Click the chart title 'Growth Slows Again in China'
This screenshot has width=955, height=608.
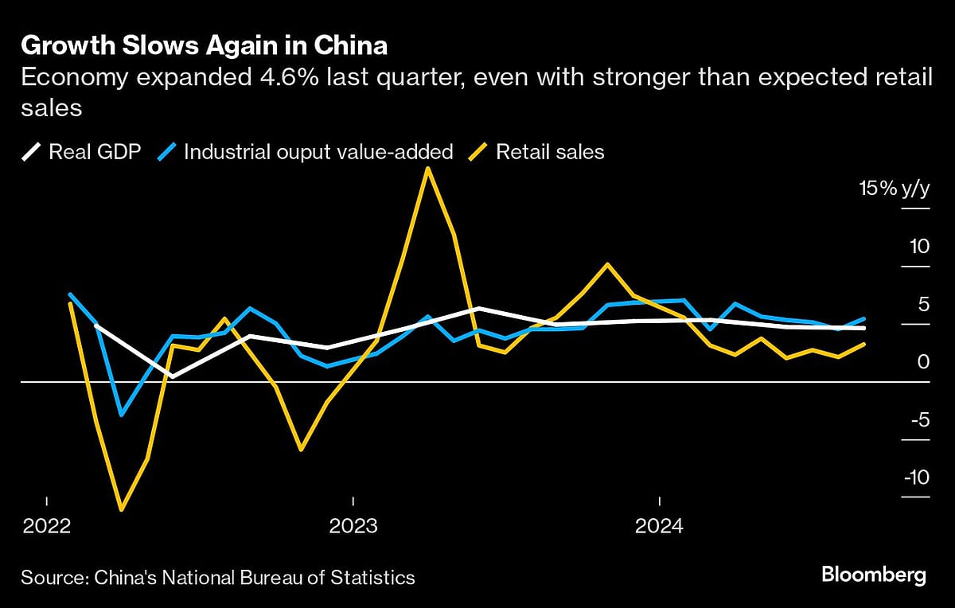205,46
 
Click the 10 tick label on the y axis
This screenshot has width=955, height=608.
919,247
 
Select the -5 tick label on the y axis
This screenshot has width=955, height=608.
918,419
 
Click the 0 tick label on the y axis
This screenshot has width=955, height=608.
923,362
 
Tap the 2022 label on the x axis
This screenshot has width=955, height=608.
47,526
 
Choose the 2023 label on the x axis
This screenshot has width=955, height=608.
353,526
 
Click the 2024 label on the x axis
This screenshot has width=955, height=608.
659,526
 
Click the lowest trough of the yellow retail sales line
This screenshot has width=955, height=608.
122,509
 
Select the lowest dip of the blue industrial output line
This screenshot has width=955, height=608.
122,415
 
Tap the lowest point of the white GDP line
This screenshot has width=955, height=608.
173,376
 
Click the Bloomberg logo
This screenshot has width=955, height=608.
873,575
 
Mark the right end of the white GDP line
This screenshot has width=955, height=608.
864,328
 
